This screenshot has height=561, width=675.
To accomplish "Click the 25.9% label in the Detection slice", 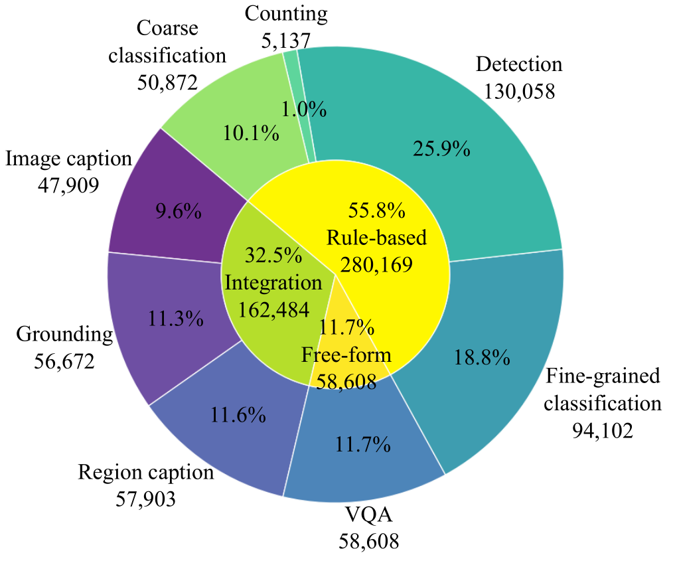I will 441,149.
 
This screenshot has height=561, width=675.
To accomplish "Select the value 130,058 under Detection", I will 520,90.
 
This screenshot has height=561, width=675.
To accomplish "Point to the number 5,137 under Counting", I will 286,40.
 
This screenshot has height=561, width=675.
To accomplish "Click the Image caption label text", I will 68,159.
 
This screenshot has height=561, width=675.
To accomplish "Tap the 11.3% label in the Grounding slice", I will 175,319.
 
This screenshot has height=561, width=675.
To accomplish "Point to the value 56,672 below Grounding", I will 64,361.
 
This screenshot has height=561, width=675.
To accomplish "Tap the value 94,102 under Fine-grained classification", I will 603,431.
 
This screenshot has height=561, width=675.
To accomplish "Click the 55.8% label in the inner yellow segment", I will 376,210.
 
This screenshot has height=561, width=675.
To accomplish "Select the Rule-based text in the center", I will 376,237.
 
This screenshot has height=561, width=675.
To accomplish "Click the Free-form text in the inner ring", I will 346,355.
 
